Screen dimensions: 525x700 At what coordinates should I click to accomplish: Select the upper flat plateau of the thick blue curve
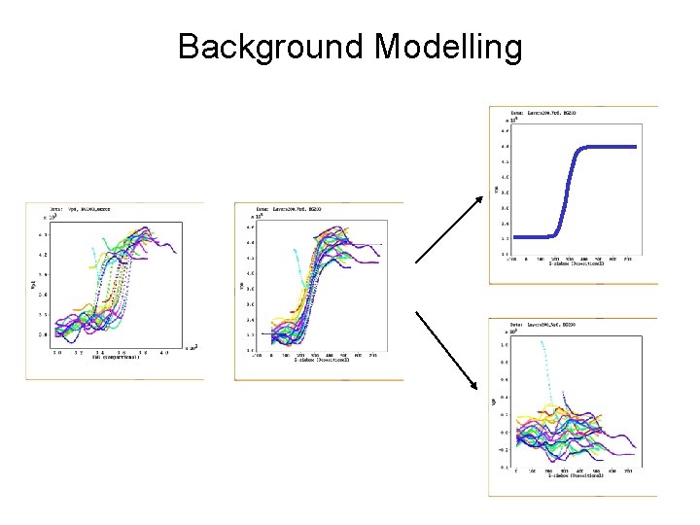608,147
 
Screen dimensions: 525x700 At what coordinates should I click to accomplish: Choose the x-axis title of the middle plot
321,362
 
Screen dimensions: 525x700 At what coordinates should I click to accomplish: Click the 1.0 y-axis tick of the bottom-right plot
505,344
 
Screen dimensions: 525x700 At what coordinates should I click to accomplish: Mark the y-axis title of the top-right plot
496,190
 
